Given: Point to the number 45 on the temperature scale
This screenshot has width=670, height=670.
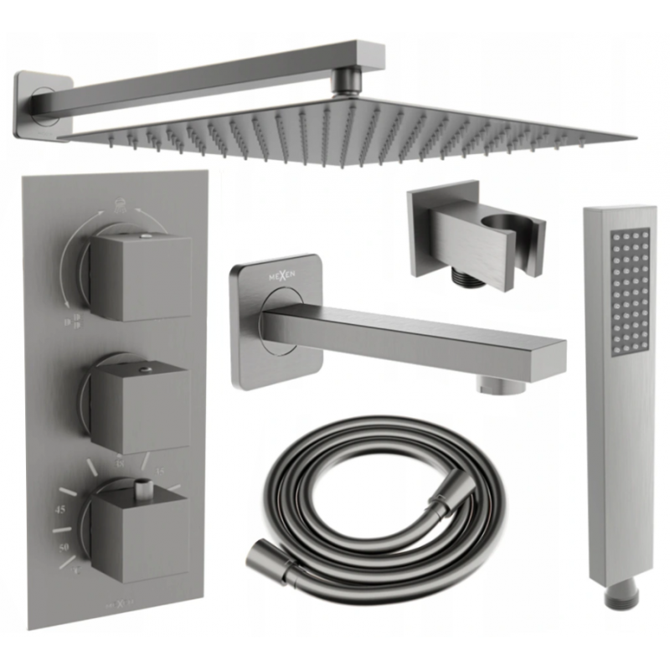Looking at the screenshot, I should click(59, 509).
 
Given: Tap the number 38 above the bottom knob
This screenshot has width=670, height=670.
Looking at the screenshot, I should click(119, 461).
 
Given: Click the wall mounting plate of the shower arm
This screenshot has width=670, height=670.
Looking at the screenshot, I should click(36, 102).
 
